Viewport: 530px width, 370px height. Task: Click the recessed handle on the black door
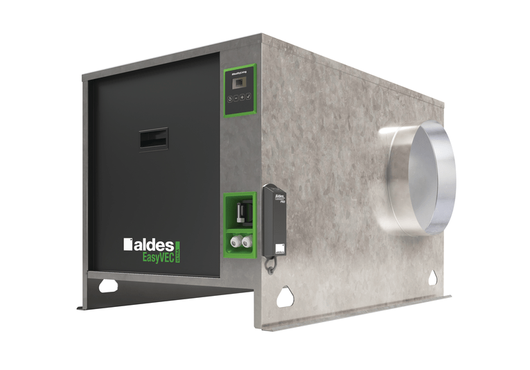click(x=153, y=139)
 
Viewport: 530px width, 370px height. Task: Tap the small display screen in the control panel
click(x=238, y=83)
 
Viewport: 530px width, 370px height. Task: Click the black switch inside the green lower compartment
click(x=240, y=209)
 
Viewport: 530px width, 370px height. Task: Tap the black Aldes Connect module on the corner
click(x=275, y=218)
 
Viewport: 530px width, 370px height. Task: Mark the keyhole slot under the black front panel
click(x=107, y=285)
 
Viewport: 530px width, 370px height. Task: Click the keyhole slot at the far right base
click(x=434, y=278)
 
